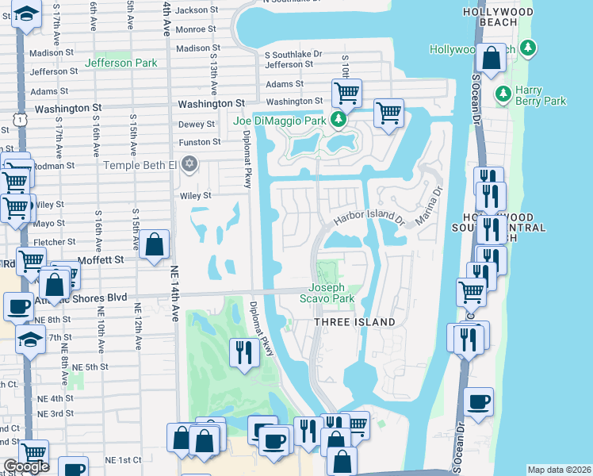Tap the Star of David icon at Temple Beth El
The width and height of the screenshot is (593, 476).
point(189,164)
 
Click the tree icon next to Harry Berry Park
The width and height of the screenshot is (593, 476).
point(503,94)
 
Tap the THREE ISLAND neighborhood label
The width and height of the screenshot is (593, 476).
point(354,321)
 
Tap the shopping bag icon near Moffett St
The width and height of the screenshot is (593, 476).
point(155,244)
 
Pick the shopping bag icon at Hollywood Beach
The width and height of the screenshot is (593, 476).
point(492,59)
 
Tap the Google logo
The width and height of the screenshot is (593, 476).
point(25,466)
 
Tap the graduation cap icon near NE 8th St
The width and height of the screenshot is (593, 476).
point(30,339)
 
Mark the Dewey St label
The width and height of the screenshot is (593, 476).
point(197,124)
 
